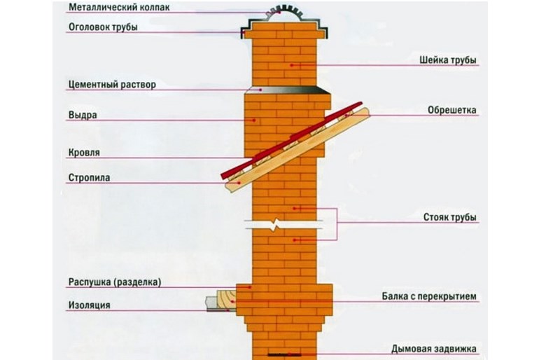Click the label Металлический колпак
(x=119, y=7)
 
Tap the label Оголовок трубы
(x=103, y=27)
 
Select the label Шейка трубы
(x=447, y=60)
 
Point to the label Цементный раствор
(x=112, y=84)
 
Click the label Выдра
(x=83, y=115)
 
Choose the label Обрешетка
(x=451, y=110)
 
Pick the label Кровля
(x=84, y=152)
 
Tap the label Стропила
(x=89, y=178)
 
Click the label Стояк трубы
(x=449, y=217)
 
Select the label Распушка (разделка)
(x=115, y=282)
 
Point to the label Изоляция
(x=89, y=305)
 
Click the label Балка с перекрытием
(x=429, y=296)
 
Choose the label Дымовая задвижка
(x=434, y=349)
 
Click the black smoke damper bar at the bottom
(x=284, y=354)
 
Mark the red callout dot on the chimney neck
(x=291, y=64)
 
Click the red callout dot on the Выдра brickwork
(x=254, y=120)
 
